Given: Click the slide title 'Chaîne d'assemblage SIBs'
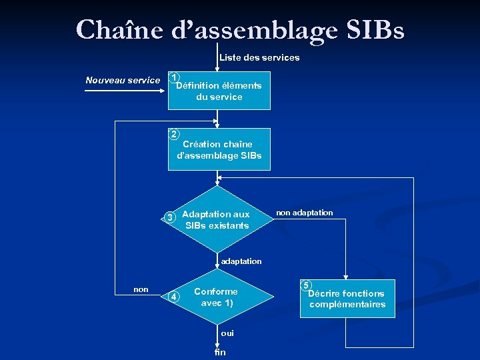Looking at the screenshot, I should (x=240, y=29).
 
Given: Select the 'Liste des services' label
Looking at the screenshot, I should (x=259, y=57).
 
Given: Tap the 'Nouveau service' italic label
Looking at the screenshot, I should (x=123, y=80).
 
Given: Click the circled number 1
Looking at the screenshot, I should (x=174, y=78).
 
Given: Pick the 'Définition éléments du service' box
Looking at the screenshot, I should (x=219, y=91).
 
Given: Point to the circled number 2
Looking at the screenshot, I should (x=174, y=135).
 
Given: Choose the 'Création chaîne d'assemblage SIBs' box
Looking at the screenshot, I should (x=219, y=150).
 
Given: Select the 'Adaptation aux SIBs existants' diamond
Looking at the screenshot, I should (x=217, y=220).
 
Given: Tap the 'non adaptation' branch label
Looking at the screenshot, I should (x=303, y=213).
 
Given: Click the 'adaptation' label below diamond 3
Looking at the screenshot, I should (x=241, y=261).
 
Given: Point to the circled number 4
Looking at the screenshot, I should (x=173, y=297).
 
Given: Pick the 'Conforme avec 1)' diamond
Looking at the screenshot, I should (x=216, y=297).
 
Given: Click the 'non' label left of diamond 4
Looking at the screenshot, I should (x=141, y=289).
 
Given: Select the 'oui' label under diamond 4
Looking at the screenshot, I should (x=227, y=333).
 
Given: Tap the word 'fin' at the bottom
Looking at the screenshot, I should (x=220, y=352).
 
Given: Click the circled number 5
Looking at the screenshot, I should (x=306, y=285).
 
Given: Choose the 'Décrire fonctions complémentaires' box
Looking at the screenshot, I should (x=347, y=299).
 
